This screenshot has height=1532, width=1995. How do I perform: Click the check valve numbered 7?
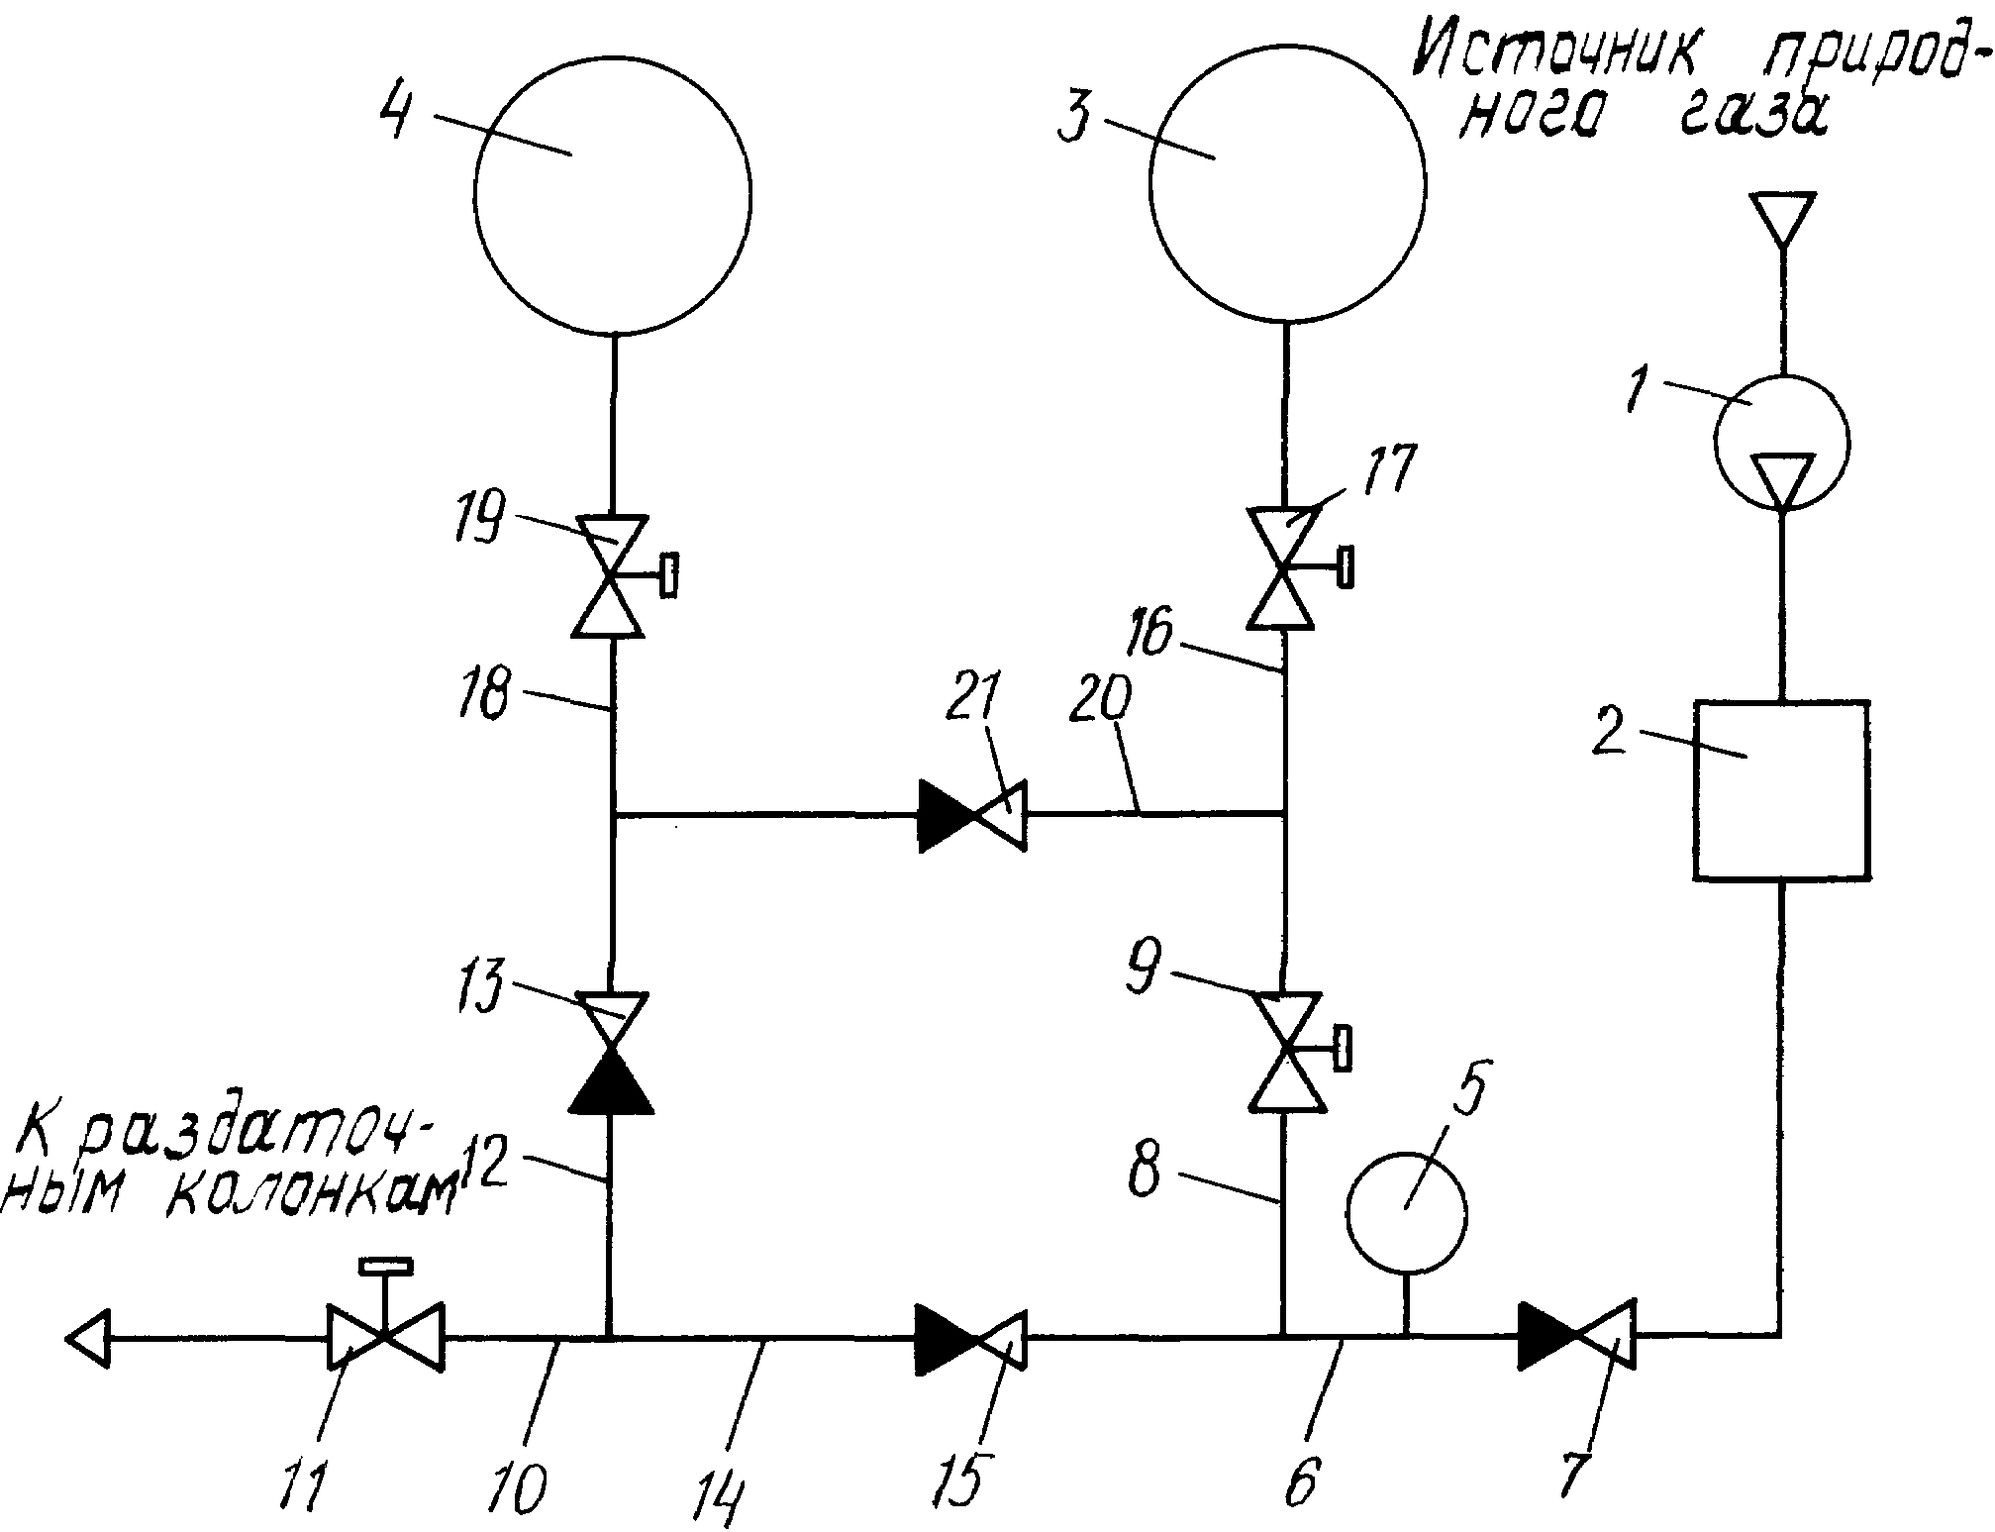pos(1577,1337)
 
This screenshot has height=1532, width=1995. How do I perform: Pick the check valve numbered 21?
pos(972,815)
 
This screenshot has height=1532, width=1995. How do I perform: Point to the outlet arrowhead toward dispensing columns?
pos(87,1338)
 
